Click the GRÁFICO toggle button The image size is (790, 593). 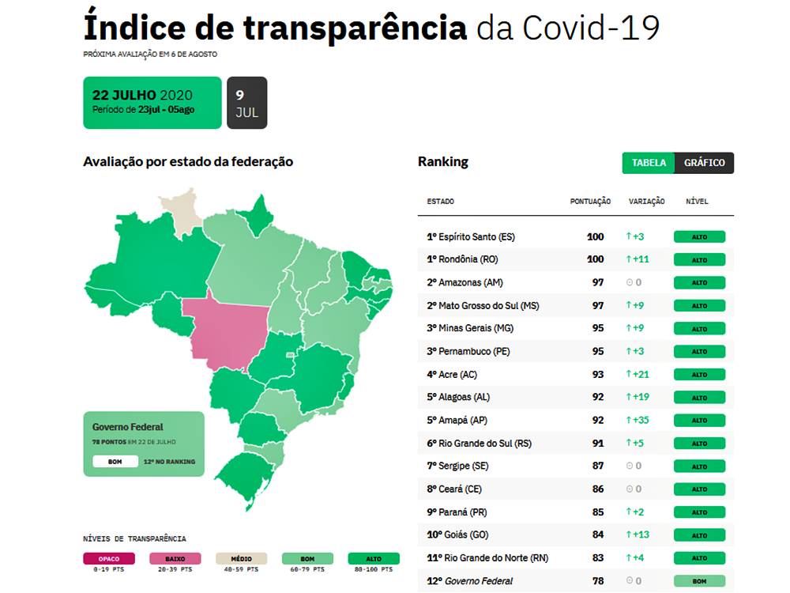[705, 163]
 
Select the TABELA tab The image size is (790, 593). [649, 163]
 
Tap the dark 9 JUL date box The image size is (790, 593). [246, 103]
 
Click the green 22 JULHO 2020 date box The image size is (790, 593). [152, 103]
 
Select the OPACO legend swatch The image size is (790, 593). [109, 559]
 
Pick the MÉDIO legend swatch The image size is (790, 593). [242, 559]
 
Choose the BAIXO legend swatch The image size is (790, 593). [175, 559]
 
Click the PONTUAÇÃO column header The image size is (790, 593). [590, 202]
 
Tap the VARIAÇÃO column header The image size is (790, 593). [646, 202]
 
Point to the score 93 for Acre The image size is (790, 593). [598, 374]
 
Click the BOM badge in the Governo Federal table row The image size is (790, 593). [699, 581]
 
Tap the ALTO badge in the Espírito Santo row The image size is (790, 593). [699, 236]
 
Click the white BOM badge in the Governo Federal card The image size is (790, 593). [115, 461]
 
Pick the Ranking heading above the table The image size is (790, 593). [443, 161]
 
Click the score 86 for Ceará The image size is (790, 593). [598, 489]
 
